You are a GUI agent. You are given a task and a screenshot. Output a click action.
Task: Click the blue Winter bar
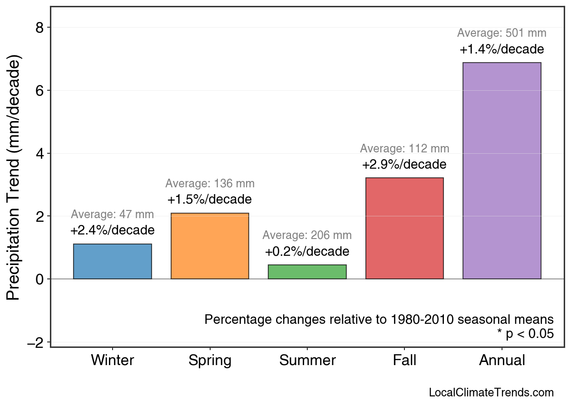point(112,261)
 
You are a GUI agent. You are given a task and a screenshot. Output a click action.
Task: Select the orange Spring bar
point(210,246)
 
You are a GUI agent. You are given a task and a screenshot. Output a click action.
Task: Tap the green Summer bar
point(307,272)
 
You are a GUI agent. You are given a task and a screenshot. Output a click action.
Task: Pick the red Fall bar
point(404,228)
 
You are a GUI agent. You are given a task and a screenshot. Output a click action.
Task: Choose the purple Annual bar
point(502,171)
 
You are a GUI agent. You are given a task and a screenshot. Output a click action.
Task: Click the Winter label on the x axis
point(112,361)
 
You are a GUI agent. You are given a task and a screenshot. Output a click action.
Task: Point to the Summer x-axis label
point(307,361)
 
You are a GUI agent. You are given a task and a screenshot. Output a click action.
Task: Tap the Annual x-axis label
point(502,361)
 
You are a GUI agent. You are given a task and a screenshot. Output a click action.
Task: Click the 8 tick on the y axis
point(41,28)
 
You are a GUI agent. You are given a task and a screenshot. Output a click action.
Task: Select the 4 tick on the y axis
point(41,153)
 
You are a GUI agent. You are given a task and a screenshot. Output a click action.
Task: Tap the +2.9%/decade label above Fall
point(404,164)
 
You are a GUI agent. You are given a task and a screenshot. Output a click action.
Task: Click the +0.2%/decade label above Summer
point(307,252)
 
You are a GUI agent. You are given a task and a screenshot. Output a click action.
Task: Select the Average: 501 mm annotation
point(502,33)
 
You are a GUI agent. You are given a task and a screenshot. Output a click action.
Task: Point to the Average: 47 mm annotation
point(112,215)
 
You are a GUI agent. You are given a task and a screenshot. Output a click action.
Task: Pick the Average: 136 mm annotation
point(210,184)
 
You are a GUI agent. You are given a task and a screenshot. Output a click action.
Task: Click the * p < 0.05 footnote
point(525,334)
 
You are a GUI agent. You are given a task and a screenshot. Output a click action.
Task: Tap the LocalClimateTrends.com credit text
point(491,393)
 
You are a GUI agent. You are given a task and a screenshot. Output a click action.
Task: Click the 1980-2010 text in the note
point(422,319)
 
